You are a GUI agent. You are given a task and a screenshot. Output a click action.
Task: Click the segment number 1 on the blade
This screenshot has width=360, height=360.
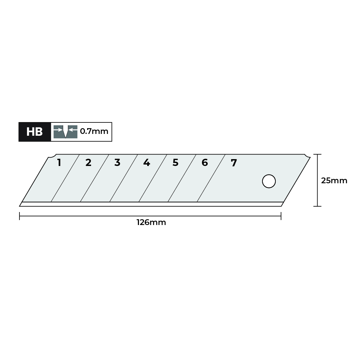tap(59, 163)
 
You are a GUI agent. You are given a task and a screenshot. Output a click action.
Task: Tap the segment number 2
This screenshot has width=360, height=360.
tap(89, 163)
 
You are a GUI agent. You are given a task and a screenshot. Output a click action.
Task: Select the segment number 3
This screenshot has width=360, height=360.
tap(117, 163)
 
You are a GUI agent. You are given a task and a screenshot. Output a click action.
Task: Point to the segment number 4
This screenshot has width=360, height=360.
tap(147, 163)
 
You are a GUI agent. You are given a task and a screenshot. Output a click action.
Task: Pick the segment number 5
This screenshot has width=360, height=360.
tap(175, 163)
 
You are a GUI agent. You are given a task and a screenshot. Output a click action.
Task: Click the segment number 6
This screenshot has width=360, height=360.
tap(204, 163)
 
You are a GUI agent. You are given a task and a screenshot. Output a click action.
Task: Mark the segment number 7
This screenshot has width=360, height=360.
tap(234, 163)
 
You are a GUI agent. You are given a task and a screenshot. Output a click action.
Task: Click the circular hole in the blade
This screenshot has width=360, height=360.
tap(269, 181)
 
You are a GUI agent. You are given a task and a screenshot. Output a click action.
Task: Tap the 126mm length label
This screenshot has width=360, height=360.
tap(151, 222)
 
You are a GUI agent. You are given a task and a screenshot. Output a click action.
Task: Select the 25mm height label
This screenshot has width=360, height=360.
tap(334, 181)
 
